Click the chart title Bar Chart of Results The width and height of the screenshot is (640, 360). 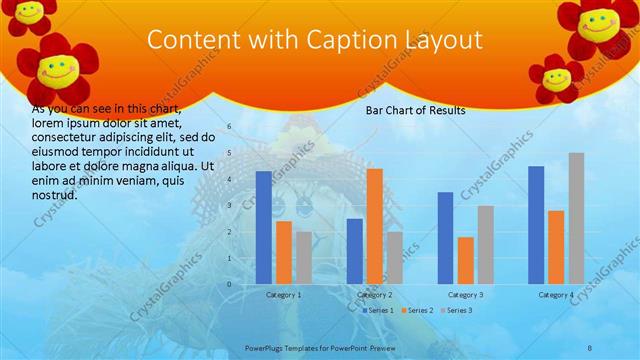(x=415, y=111)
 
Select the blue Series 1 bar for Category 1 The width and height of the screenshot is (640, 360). (x=263, y=227)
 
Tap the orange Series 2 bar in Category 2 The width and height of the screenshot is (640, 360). (x=374, y=226)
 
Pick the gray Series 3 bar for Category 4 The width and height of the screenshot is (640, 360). (x=576, y=218)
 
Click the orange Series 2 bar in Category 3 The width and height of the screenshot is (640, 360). (x=465, y=260)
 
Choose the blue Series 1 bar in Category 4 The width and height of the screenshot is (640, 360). (x=536, y=225)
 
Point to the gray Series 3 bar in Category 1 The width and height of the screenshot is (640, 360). (x=303, y=258)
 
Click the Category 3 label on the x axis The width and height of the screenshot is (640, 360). (x=465, y=295)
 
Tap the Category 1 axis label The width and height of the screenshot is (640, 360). (x=284, y=295)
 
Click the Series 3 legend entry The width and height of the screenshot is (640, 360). (x=459, y=311)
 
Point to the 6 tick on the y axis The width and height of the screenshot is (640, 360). (x=229, y=127)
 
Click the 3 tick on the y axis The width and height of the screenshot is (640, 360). (x=229, y=206)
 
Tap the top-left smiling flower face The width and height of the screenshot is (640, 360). (x=30, y=12)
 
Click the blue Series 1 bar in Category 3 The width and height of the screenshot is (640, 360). (x=445, y=238)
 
